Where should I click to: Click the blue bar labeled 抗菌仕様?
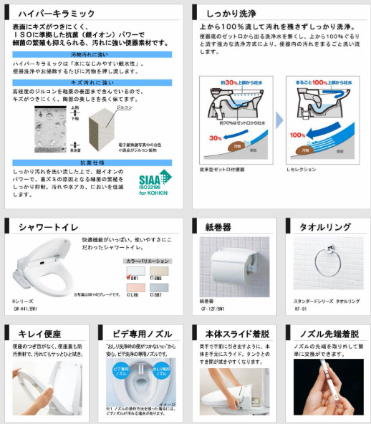[x=91, y=163]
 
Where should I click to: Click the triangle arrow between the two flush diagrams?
[x=281, y=119]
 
